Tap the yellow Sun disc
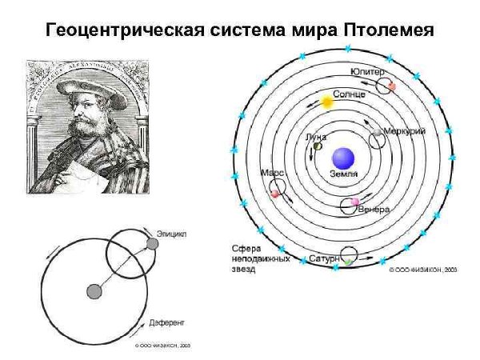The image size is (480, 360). point(326,102)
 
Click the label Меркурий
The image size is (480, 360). point(404,130)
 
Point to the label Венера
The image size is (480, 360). point(374,210)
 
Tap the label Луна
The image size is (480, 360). point(317,137)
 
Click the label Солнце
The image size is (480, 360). point(349,94)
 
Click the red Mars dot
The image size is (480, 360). point(275,193)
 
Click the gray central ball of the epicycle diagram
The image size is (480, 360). point(94,291)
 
